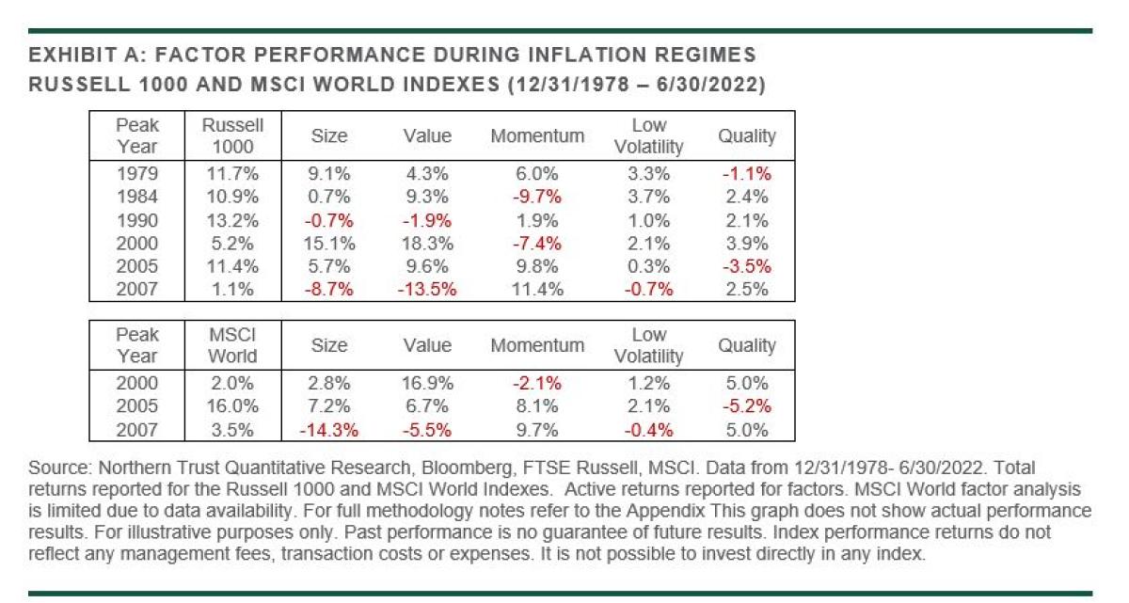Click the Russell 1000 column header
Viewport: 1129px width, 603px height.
(232, 135)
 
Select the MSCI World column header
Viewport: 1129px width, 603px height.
(232, 345)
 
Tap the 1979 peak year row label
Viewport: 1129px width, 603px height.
(137, 173)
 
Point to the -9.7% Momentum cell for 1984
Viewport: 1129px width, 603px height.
(537, 197)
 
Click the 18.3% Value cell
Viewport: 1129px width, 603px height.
(427, 244)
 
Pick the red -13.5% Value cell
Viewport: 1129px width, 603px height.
(427, 290)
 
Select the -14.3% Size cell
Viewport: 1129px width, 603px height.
(328, 430)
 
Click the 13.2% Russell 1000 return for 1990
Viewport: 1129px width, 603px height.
(232, 220)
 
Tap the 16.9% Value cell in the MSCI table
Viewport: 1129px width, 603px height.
(427, 383)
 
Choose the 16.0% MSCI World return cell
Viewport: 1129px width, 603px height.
(232, 406)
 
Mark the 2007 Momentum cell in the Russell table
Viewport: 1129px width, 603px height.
(537, 290)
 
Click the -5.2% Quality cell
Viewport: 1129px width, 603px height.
(746, 406)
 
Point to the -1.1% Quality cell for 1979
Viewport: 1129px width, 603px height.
(746, 173)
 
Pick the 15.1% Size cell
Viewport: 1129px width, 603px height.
(328, 244)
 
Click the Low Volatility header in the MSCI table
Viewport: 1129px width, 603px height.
(648, 345)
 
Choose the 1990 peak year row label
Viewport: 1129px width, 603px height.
(137, 220)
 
